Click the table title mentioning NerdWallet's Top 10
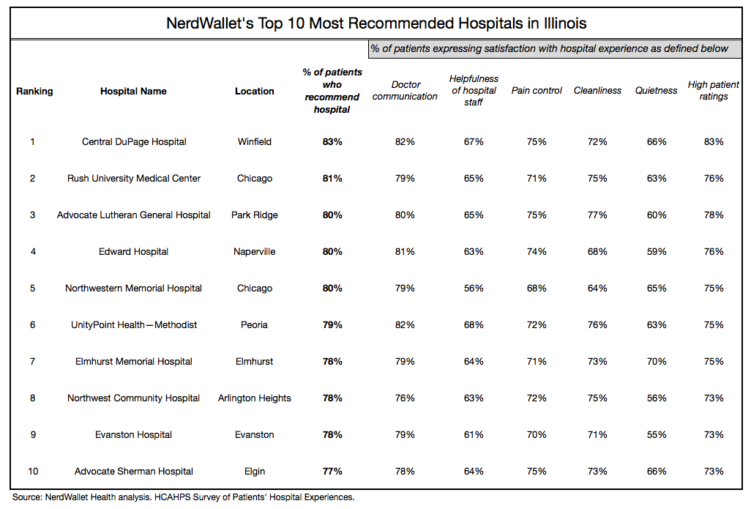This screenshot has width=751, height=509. pyautogui.click(x=376, y=23)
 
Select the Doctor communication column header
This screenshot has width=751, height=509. pyautogui.click(x=405, y=91)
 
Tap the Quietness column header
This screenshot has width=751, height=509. pyautogui.click(x=656, y=91)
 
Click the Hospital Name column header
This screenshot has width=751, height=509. pyautogui.click(x=133, y=92)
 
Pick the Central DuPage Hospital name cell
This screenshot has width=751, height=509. pyautogui.click(x=134, y=142)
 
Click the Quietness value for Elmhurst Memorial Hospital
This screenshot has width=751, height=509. pyautogui.click(x=656, y=362)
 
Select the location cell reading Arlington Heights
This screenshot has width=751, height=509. pyautogui.click(x=255, y=398)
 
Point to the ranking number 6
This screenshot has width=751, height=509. pyautogui.click(x=32, y=325)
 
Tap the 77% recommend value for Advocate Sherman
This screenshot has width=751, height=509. pyautogui.click(x=332, y=472)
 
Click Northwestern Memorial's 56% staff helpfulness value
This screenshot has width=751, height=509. pyautogui.click(x=474, y=289)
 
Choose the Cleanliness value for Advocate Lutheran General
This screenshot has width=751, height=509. pyautogui.click(x=597, y=215)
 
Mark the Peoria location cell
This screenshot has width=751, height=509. pyautogui.click(x=255, y=325)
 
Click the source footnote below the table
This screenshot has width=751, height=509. pyautogui.click(x=183, y=497)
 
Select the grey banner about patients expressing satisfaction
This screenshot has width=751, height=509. pyautogui.click(x=550, y=49)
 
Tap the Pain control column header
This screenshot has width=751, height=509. pyautogui.click(x=537, y=91)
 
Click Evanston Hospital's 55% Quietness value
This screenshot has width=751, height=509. pyautogui.click(x=656, y=435)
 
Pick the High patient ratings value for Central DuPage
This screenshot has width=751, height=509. pyautogui.click(x=713, y=142)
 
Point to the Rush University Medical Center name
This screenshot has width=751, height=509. pyautogui.click(x=134, y=179)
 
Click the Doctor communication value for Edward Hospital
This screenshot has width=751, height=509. pyautogui.click(x=405, y=252)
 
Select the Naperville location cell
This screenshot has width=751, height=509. pyautogui.click(x=255, y=252)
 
